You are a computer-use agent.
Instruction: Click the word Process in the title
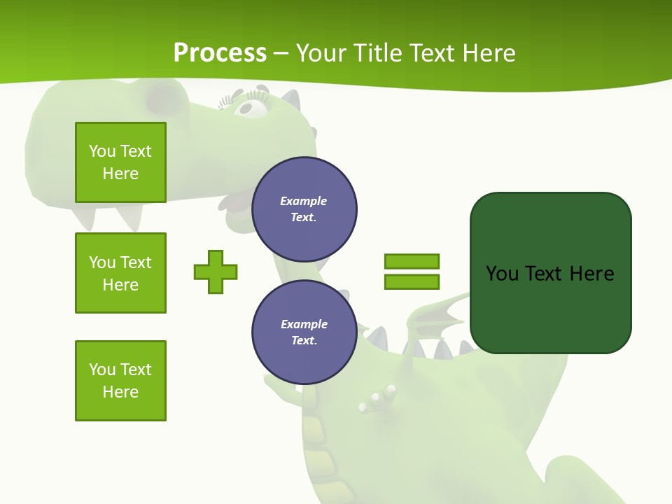tap(220, 52)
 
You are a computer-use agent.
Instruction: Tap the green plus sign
tap(216, 272)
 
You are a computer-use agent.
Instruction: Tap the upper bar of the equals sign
tap(412, 261)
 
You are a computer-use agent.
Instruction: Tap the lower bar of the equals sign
tap(412, 282)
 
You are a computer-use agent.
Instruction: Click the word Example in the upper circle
tap(304, 201)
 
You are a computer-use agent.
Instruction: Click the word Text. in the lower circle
tap(304, 341)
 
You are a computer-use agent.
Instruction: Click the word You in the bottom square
tap(102, 369)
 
